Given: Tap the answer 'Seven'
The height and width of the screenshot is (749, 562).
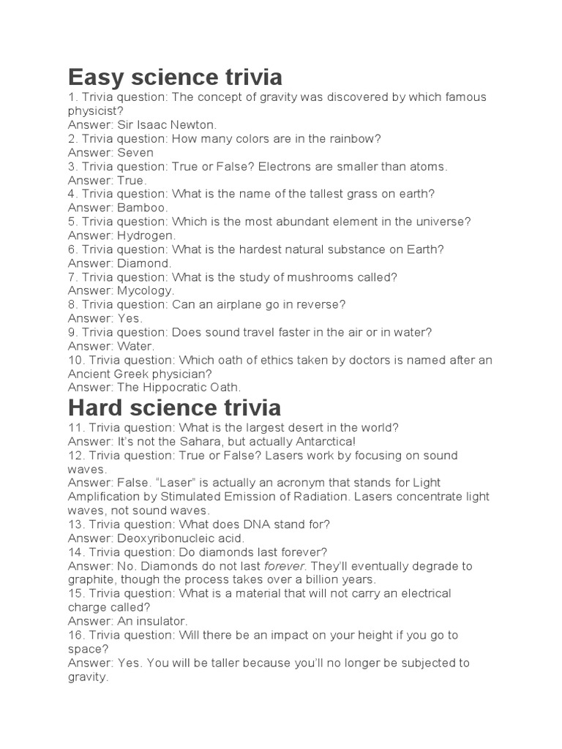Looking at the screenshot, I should tap(135, 153).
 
